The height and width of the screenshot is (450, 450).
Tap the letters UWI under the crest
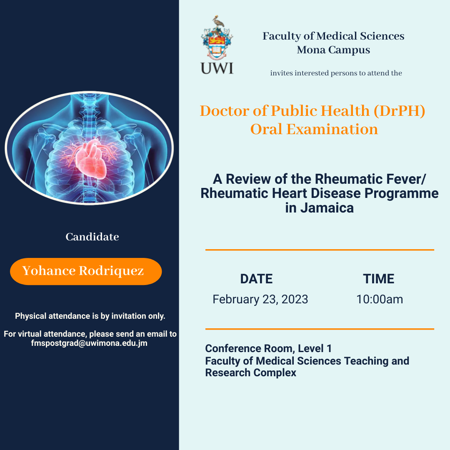coord(217,67)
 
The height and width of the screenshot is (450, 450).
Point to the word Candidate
coord(92,237)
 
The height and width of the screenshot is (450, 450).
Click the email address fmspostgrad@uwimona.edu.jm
coord(89,343)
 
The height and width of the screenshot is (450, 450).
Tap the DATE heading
coord(256,279)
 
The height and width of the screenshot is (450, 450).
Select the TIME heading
coord(378,279)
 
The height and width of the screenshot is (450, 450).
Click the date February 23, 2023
coord(260,299)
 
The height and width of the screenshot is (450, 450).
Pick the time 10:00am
coord(379,299)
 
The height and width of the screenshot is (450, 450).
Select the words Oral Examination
coord(314,129)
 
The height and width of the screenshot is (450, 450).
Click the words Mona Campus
coord(333,50)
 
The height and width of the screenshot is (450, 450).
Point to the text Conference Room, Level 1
coord(268,348)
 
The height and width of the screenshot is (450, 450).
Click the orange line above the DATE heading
coord(320,250)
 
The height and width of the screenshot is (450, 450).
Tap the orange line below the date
coord(320,329)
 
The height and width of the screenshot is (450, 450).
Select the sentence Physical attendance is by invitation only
coord(90,316)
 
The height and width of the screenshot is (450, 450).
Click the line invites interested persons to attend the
coord(336,73)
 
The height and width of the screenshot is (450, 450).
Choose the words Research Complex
coord(250,373)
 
